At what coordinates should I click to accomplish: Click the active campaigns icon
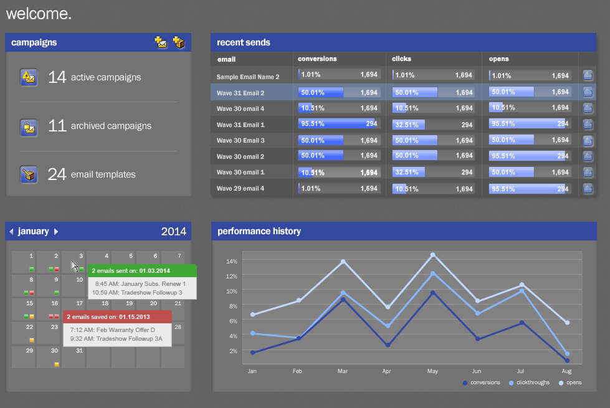(x=29, y=77)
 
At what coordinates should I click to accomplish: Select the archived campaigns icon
(x=29, y=126)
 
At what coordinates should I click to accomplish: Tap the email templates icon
(x=29, y=174)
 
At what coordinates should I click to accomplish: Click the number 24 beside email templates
(x=57, y=174)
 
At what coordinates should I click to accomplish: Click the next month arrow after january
(x=56, y=232)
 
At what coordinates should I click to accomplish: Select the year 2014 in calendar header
(x=173, y=232)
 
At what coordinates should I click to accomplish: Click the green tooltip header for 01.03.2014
(x=141, y=271)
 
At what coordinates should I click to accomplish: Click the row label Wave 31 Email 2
(x=241, y=93)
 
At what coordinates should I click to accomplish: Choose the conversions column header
(x=317, y=59)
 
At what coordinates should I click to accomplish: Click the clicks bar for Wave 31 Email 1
(x=433, y=125)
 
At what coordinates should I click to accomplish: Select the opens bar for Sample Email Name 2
(x=530, y=75)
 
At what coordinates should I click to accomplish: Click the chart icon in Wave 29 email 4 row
(x=587, y=188)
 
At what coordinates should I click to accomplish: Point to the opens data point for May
(x=433, y=255)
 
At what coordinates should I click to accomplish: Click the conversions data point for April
(x=388, y=344)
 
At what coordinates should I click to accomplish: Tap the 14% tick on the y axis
(x=232, y=261)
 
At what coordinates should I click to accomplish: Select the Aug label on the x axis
(x=566, y=371)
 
